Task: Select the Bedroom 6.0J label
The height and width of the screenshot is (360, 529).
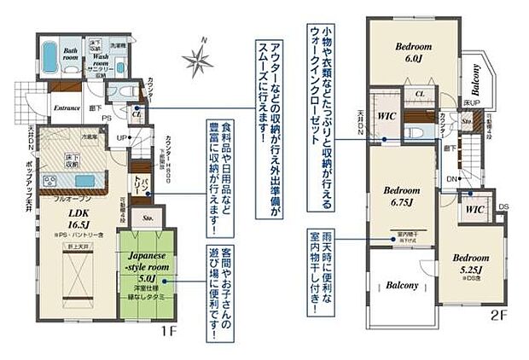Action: pyautogui.click(x=414, y=50)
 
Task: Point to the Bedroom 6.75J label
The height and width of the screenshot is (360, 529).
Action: pyautogui.click(x=398, y=195)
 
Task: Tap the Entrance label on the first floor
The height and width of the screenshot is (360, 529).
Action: pyautogui.click(x=67, y=108)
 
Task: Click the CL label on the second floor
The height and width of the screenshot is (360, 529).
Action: pyautogui.click(x=420, y=95)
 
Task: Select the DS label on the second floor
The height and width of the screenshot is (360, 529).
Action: pyautogui.click(x=503, y=208)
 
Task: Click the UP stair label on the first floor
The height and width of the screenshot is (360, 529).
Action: pyautogui.click(x=122, y=136)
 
